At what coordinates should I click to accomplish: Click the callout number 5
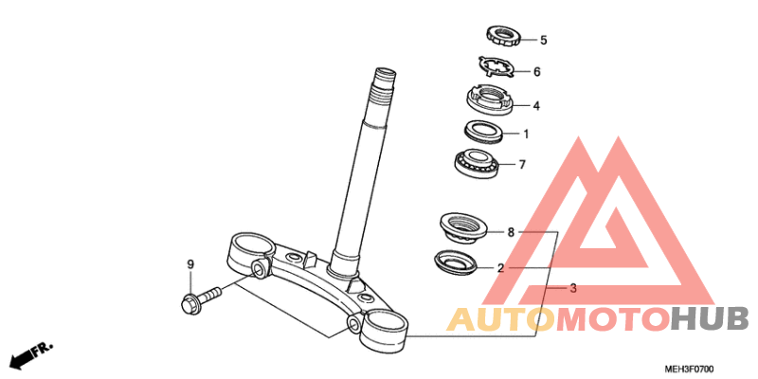coord(543,40)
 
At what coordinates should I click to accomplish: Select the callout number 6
coord(536,72)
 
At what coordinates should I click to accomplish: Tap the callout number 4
coord(536,105)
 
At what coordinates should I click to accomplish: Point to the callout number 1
coord(526,134)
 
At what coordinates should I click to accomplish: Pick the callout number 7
coord(522,165)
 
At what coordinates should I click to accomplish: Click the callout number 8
coord(511,232)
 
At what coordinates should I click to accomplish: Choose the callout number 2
coord(501,268)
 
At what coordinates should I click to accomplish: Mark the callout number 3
coord(573,289)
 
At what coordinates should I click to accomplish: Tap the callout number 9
coord(190,264)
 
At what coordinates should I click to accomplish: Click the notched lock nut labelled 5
coord(503,37)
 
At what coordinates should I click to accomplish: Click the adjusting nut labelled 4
coord(491,99)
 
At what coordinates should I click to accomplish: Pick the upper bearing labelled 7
coord(478,163)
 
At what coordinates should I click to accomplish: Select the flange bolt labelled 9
coord(200,298)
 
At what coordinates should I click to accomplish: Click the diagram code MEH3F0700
coord(689,370)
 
